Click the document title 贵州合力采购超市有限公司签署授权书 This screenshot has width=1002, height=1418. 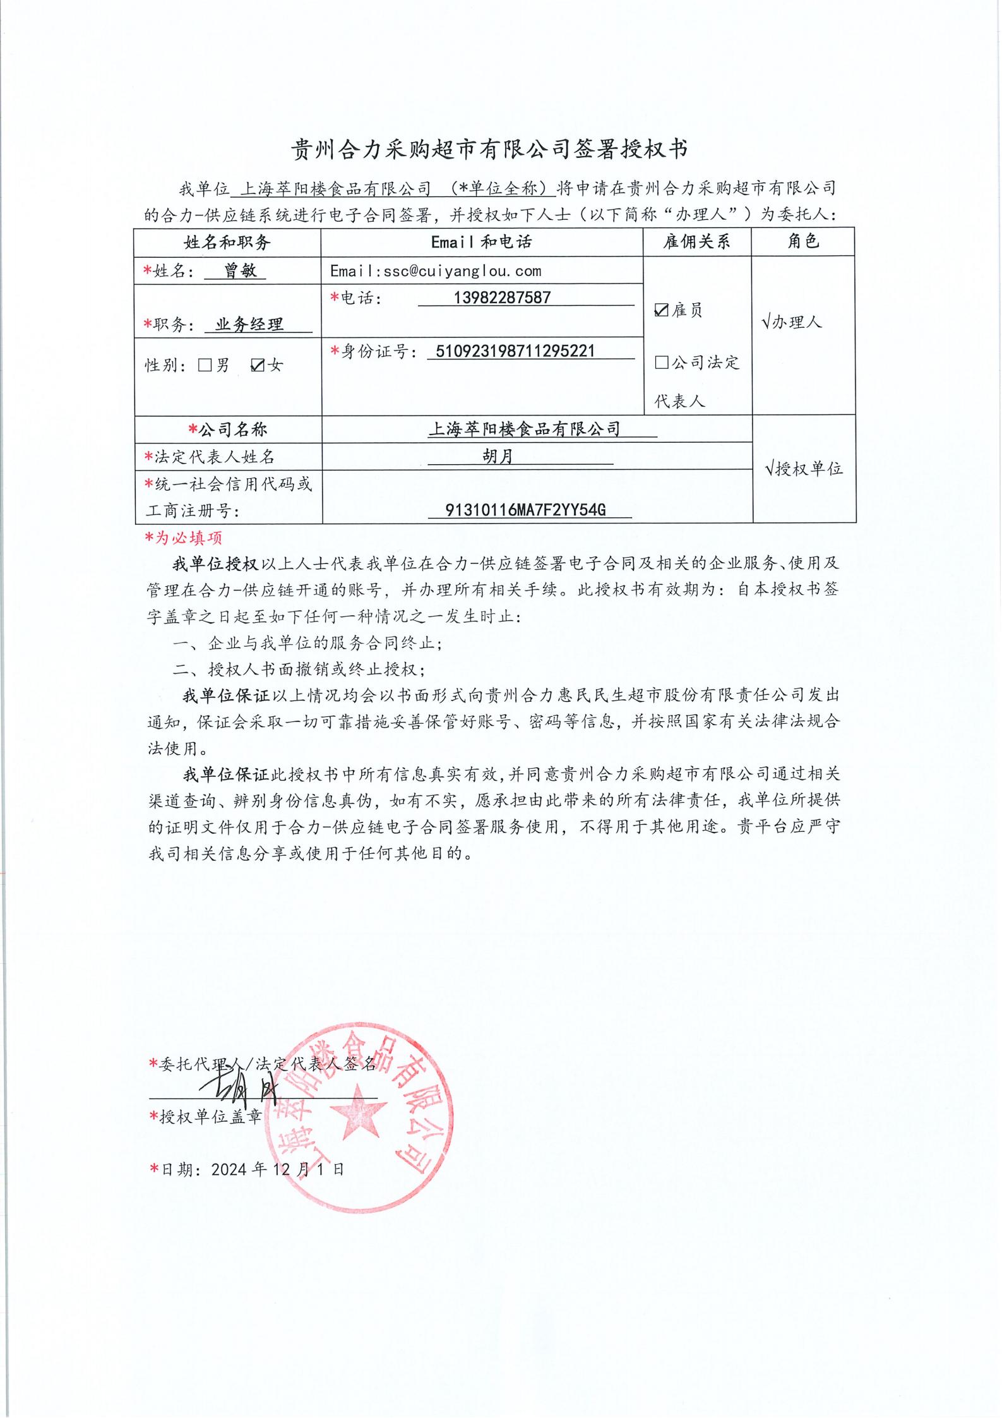click(x=489, y=149)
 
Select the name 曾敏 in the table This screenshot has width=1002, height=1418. click(x=240, y=271)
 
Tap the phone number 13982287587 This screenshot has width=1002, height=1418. click(x=502, y=297)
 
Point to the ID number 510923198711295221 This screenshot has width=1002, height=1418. click(x=511, y=351)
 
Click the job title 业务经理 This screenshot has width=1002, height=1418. click(x=249, y=325)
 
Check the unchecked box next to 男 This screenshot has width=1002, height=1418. click(x=205, y=365)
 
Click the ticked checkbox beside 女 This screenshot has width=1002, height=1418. click(x=257, y=365)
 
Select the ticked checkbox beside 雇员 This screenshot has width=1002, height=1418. click(x=661, y=309)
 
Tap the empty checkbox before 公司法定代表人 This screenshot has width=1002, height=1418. click(x=661, y=362)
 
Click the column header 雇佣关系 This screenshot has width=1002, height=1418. click(x=696, y=241)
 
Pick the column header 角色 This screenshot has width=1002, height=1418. click(x=802, y=241)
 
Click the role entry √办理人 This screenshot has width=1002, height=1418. click(x=792, y=322)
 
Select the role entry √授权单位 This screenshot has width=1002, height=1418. click(x=803, y=469)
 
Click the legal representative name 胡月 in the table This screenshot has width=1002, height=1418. click(x=498, y=456)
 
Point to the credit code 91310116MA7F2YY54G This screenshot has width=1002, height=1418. click(x=525, y=510)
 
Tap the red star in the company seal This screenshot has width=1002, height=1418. click(x=356, y=1109)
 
